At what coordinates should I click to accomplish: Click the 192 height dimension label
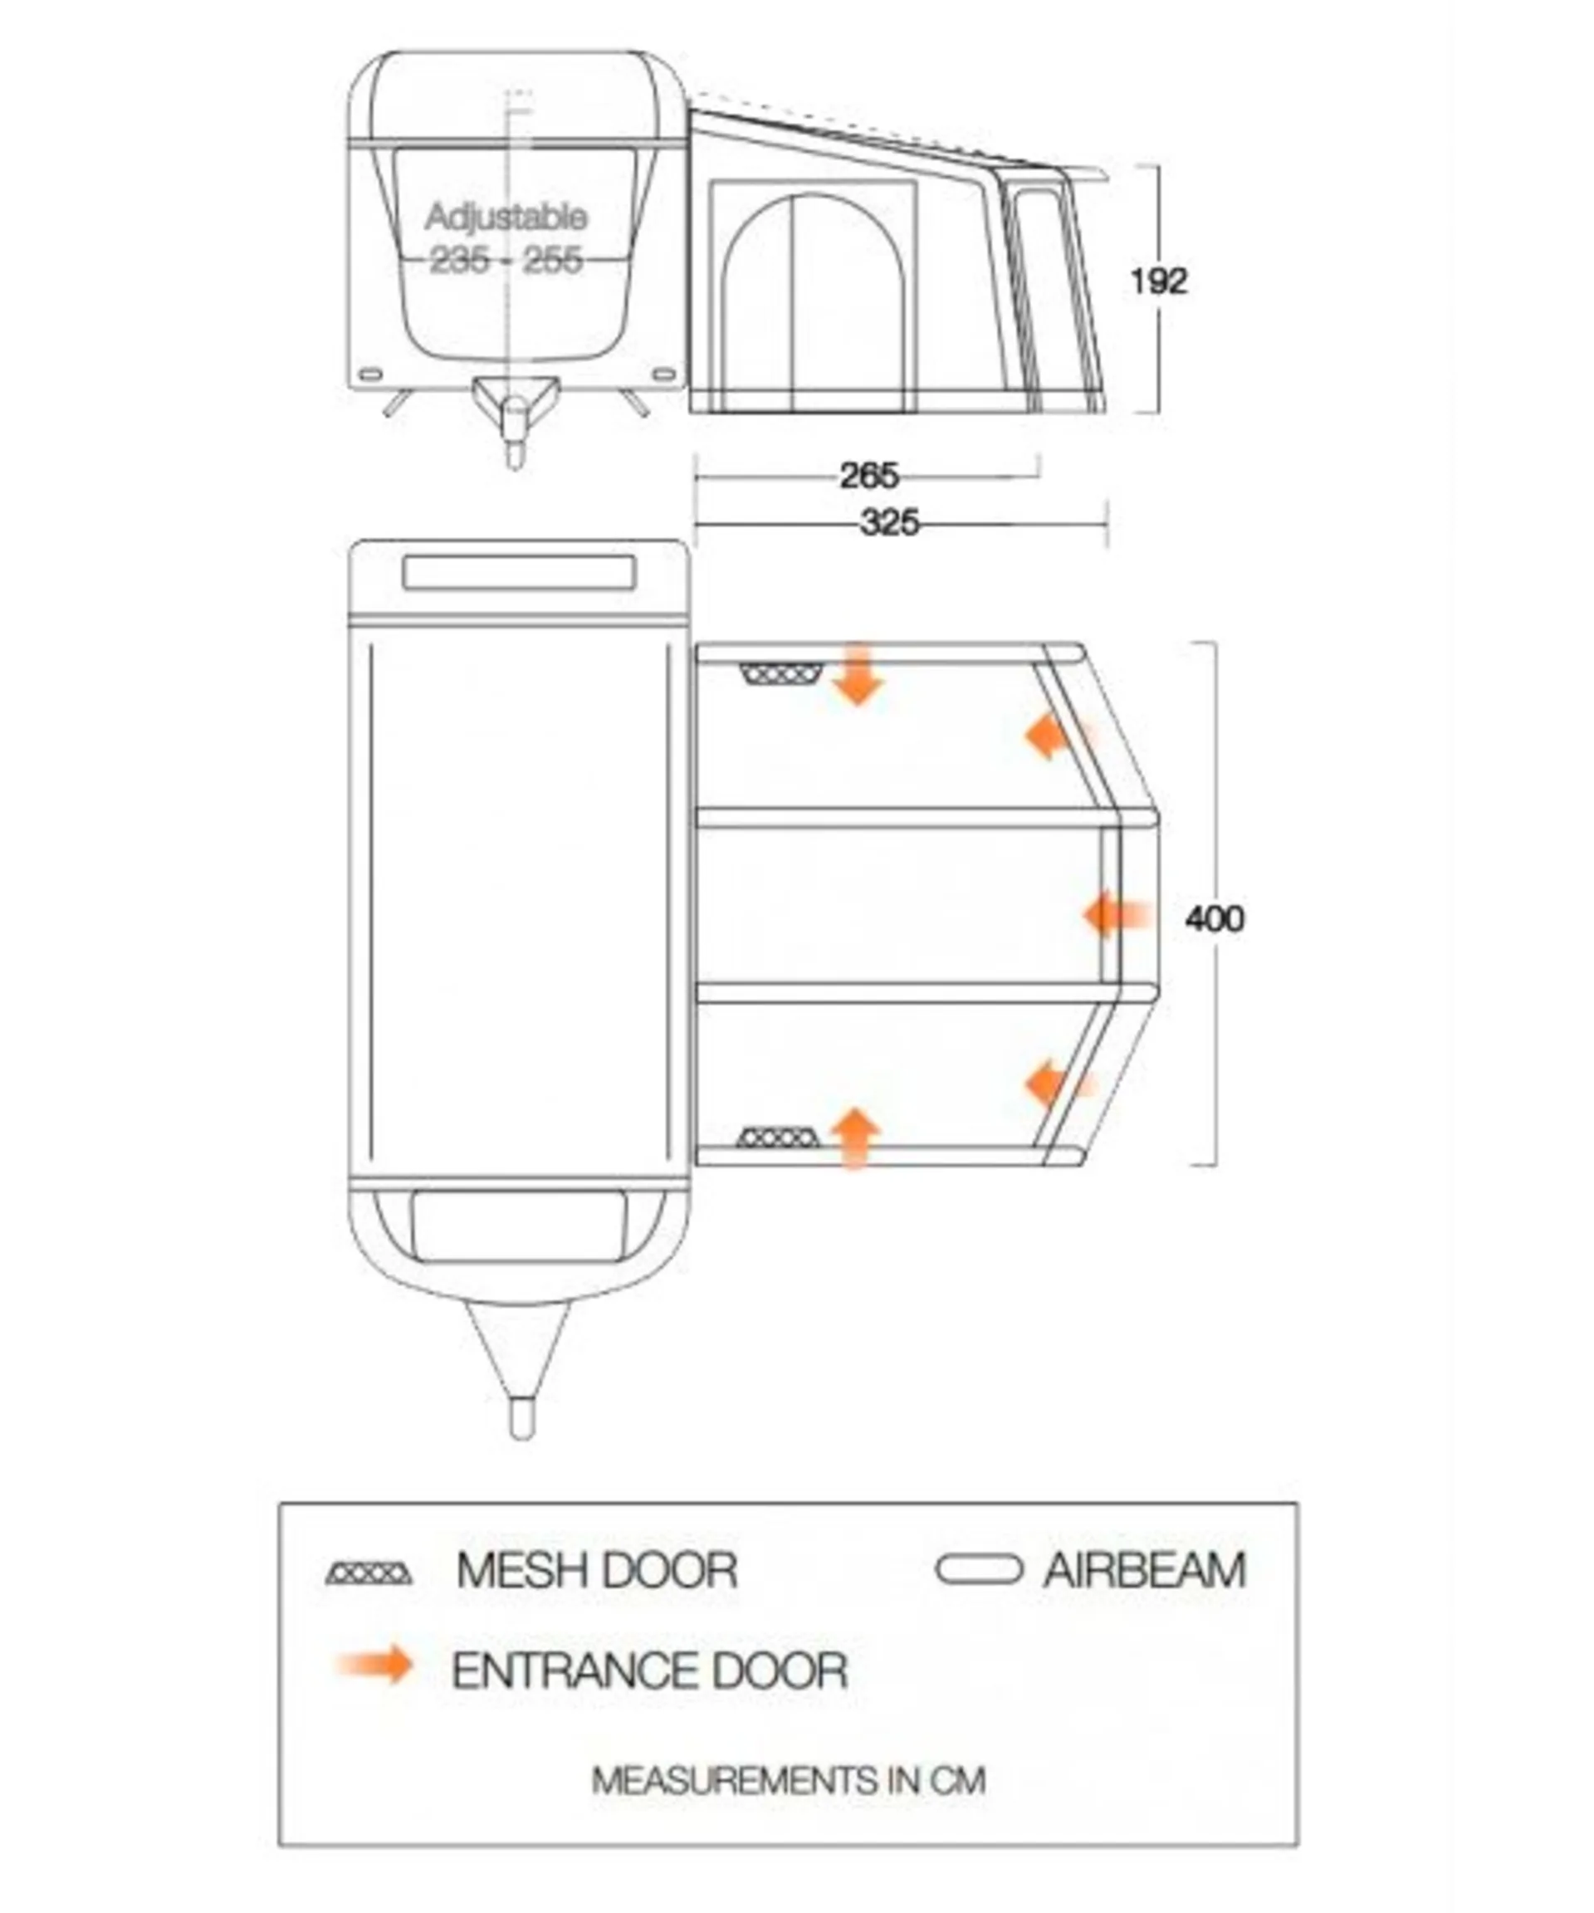(x=1159, y=281)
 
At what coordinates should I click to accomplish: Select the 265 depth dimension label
(x=868, y=476)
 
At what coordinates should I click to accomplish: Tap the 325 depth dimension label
(x=889, y=524)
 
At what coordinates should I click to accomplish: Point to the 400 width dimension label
(x=1214, y=918)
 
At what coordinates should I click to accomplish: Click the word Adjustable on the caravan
(x=506, y=218)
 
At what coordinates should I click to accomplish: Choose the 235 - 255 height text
(x=506, y=261)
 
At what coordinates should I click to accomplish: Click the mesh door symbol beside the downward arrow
(x=781, y=674)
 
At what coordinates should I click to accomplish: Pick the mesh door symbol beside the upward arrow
(x=777, y=1138)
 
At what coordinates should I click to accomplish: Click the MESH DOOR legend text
(x=597, y=1569)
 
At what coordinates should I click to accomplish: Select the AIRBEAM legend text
(x=1144, y=1569)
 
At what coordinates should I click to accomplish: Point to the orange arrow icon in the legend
(x=375, y=1666)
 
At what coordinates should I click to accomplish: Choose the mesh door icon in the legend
(x=369, y=1573)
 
